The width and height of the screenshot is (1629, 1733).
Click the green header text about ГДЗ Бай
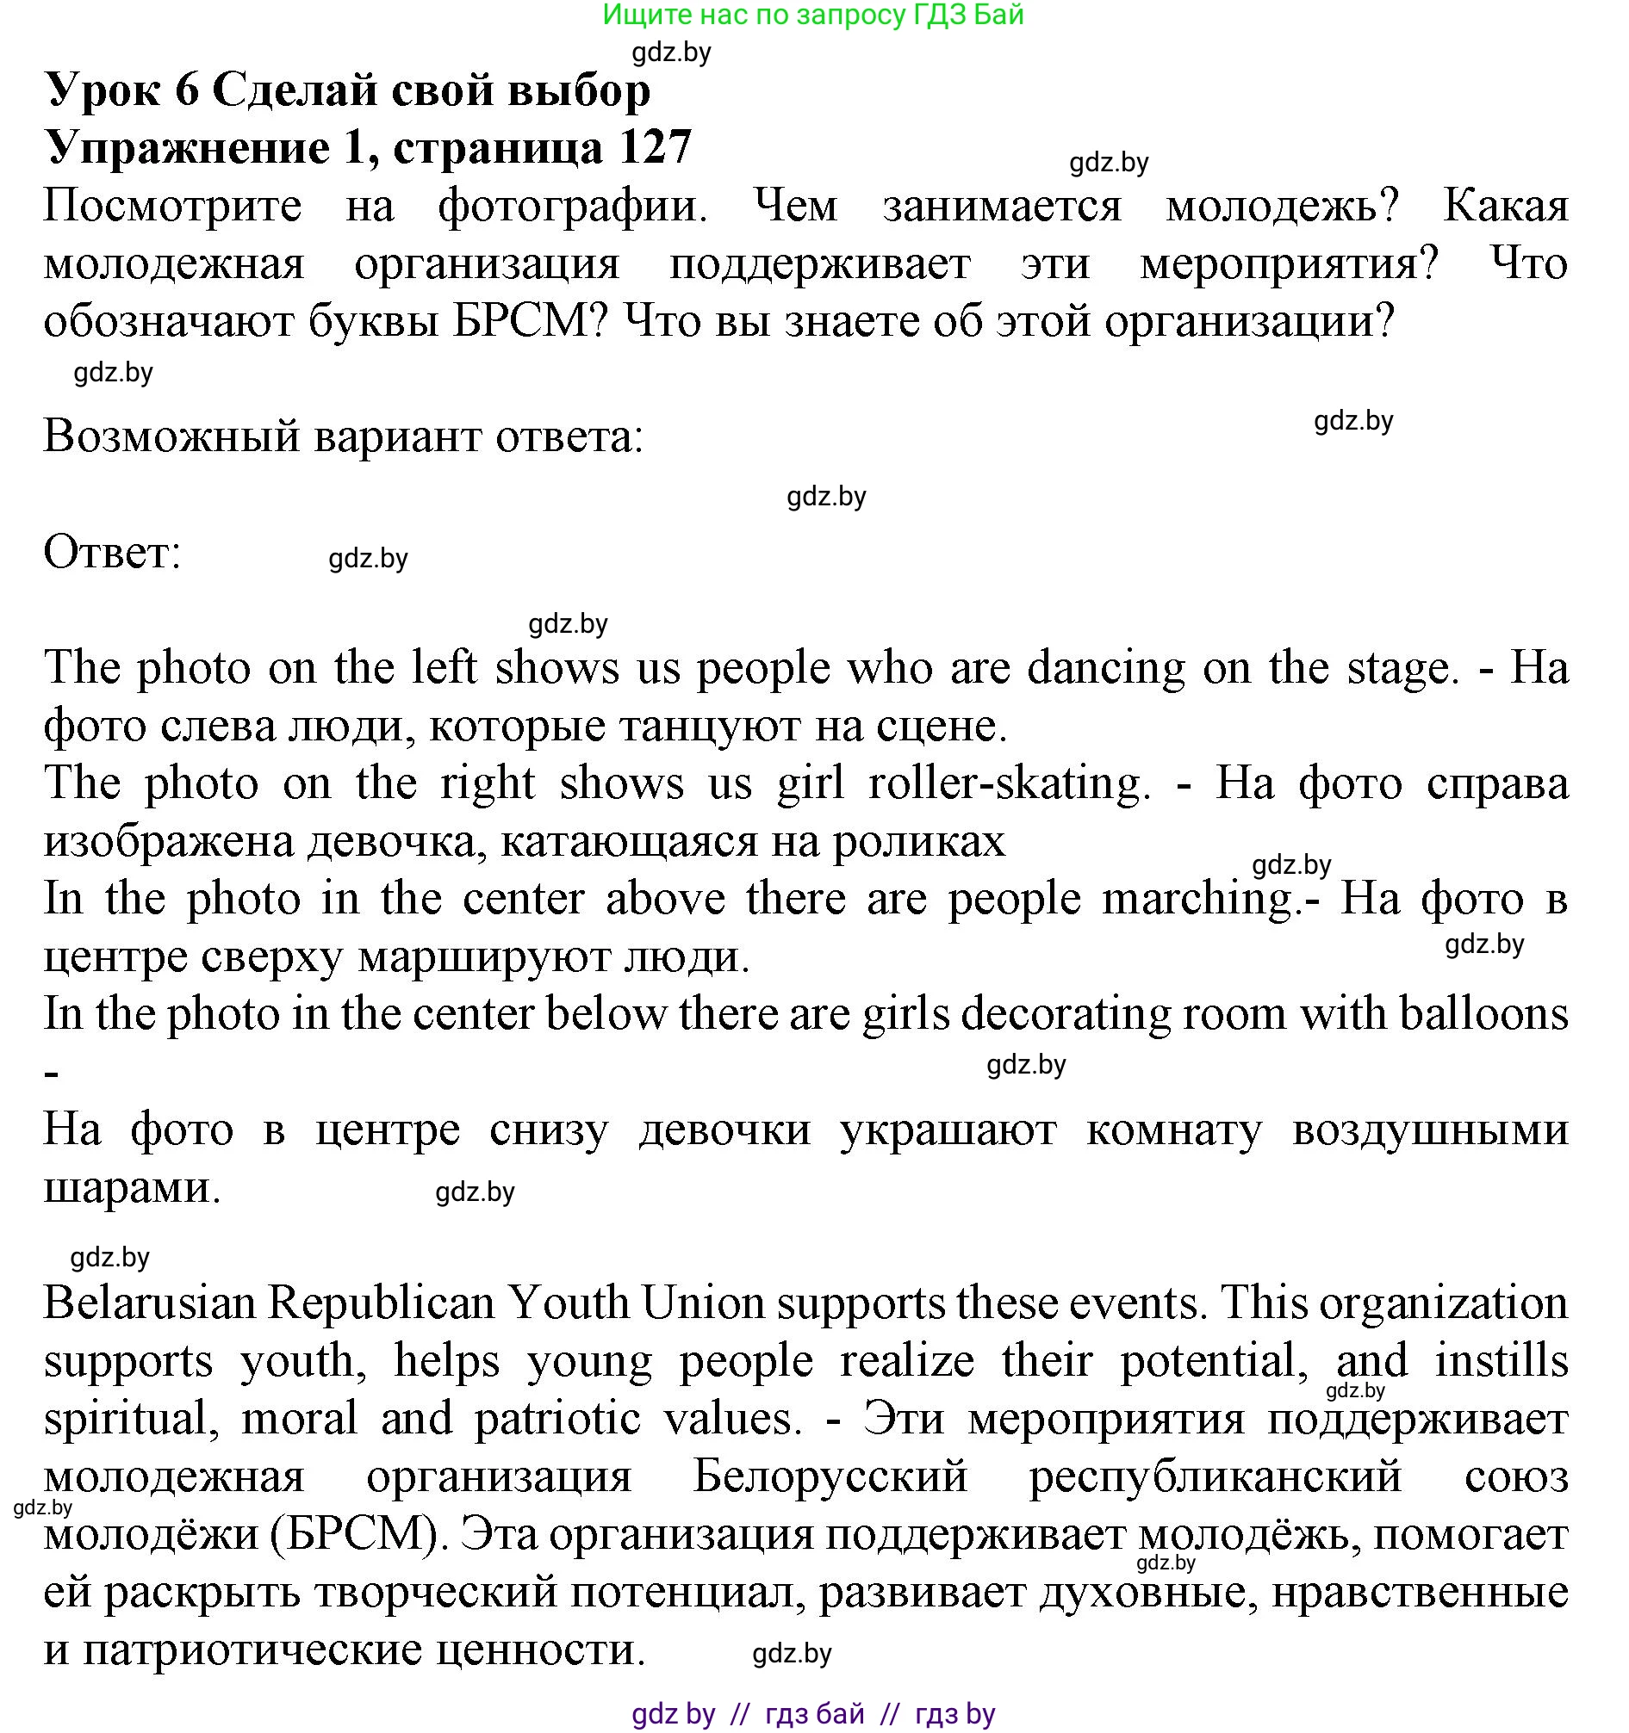point(812,15)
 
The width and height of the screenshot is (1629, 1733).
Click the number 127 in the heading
point(655,146)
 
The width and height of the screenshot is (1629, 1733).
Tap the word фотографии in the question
point(572,207)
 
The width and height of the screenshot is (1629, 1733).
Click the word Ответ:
point(113,553)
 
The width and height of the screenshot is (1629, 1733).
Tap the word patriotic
point(558,1418)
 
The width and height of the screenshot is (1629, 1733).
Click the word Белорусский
point(830,1476)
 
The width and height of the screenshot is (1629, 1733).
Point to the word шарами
point(131,1187)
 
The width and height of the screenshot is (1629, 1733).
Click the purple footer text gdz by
point(674,1714)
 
